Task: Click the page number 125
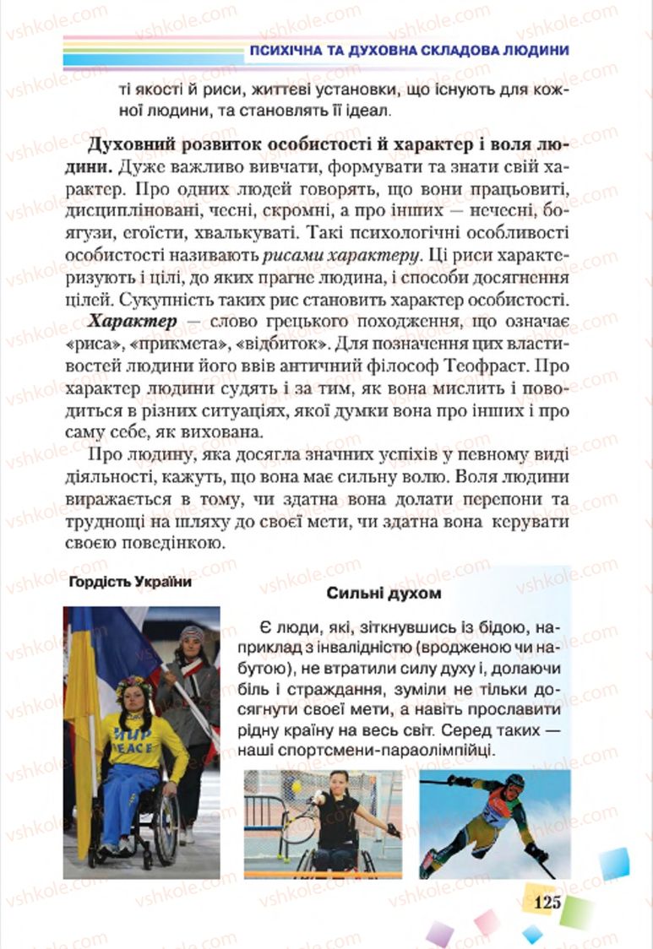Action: (547, 903)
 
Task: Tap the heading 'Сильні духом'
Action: (384, 594)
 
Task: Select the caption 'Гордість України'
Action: (130, 583)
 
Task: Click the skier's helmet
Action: (514, 782)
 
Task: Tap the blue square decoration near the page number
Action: (614, 863)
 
